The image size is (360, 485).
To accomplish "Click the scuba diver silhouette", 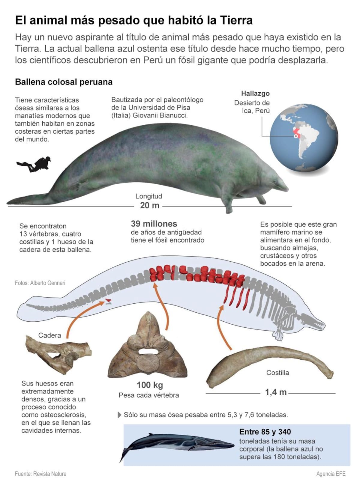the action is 34,164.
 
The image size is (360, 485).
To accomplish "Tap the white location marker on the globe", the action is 296,136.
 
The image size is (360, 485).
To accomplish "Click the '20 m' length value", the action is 150,206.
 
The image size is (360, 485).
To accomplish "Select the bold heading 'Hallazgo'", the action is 255,93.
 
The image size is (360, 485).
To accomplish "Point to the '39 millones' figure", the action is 154,224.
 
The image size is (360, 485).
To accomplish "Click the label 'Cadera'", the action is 49,335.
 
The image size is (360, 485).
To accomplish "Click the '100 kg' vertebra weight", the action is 150,385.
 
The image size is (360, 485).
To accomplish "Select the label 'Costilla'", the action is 277,373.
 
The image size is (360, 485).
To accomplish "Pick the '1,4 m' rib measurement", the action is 276,392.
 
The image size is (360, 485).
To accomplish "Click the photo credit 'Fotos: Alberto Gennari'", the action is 40,283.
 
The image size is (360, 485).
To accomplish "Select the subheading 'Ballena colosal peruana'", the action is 64,82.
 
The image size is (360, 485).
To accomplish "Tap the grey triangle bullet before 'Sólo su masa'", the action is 119,415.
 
